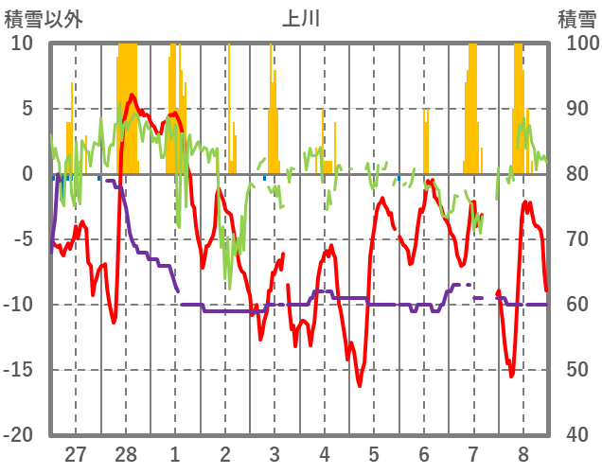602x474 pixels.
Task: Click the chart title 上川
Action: pyautogui.click(x=301, y=18)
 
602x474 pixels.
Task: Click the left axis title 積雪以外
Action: pyautogui.click(x=44, y=18)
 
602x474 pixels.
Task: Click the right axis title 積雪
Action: pyautogui.click(x=576, y=18)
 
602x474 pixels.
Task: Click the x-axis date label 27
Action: pyautogui.click(x=76, y=455)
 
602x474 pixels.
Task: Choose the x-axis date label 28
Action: pyautogui.click(x=126, y=455)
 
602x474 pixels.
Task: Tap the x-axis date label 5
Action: pyautogui.click(x=374, y=455)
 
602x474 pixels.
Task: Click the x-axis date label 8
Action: pyautogui.click(x=523, y=455)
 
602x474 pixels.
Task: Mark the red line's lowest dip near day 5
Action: pyautogui.click(x=360, y=385)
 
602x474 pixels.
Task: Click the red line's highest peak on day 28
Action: pyautogui.click(x=132, y=95)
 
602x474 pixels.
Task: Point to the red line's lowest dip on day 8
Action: pyautogui.click(x=512, y=376)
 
